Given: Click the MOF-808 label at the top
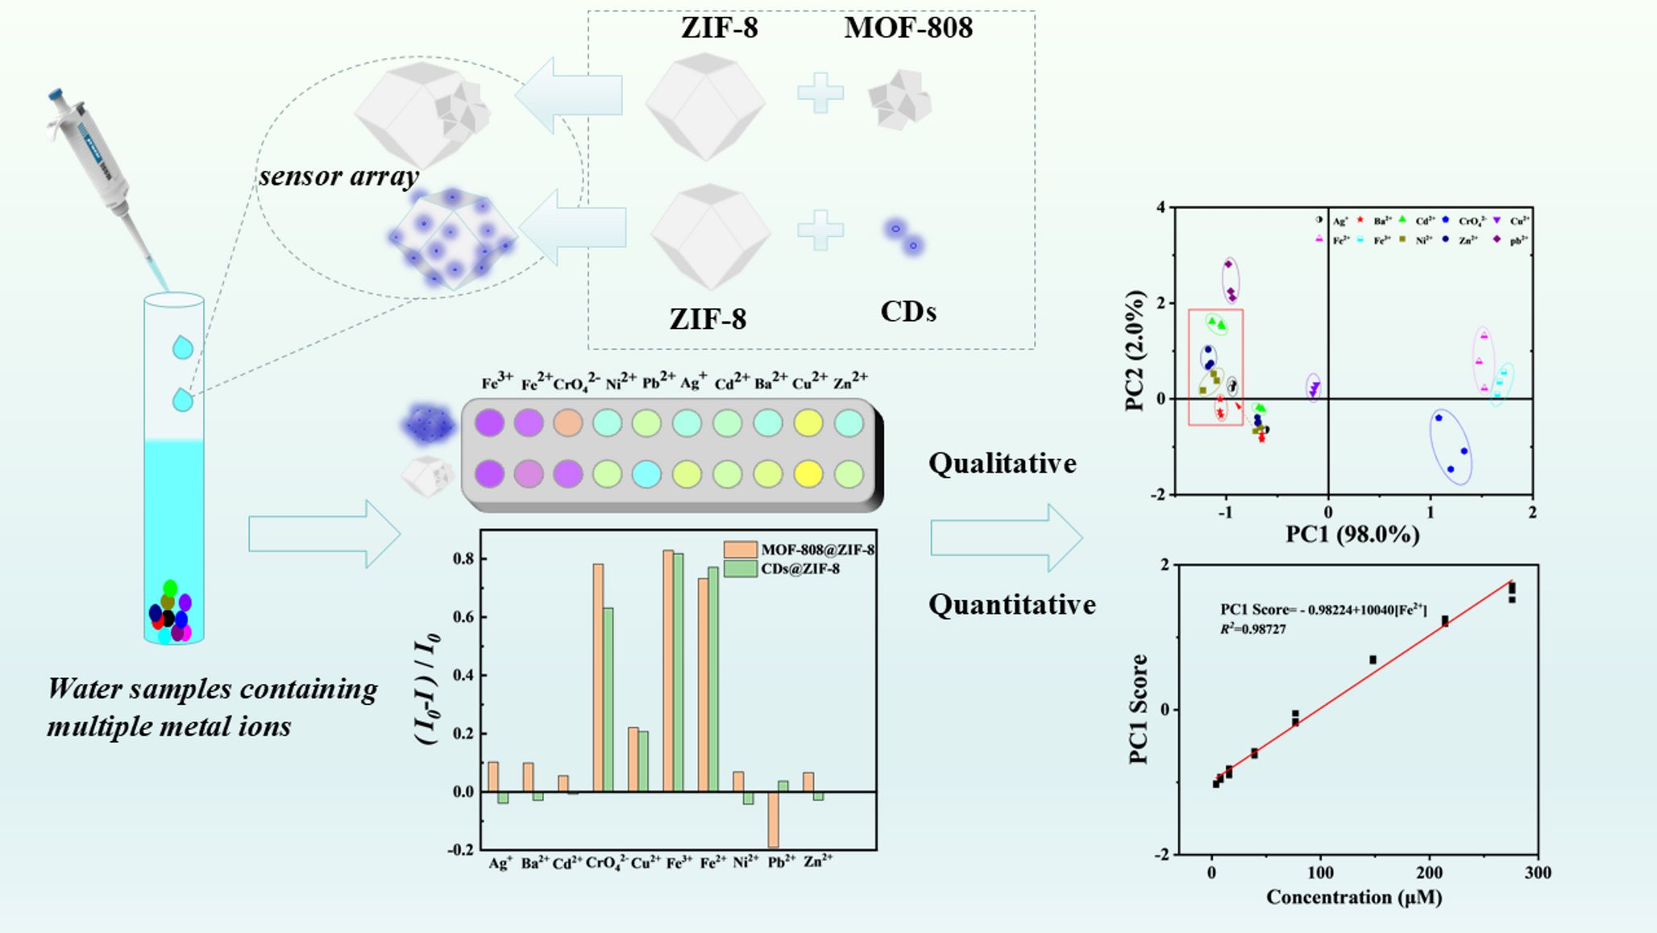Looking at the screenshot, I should click(x=908, y=28).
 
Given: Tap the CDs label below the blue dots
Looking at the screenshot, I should click(x=908, y=312).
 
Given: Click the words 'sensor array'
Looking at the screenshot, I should click(x=338, y=177).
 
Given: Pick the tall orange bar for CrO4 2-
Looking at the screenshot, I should click(x=598, y=677).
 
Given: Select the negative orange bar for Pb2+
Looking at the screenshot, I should click(x=773, y=819).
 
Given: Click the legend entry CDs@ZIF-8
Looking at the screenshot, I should click(x=799, y=569).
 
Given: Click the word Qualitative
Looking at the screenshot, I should click(x=1003, y=464).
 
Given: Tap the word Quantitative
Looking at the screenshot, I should click(x=1012, y=605).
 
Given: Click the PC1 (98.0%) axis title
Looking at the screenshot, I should click(x=1352, y=534).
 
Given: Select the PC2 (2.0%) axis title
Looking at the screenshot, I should click(x=1136, y=351).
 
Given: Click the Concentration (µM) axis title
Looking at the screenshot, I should click(x=1354, y=897).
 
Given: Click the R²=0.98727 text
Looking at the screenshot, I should click(x=1253, y=629).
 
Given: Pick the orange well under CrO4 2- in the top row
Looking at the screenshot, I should click(x=568, y=423).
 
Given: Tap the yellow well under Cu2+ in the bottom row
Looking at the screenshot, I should click(x=808, y=474).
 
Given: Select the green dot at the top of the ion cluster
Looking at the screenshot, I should click(x=170, y=588).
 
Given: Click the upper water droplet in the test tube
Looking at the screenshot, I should click(x=183, y=348).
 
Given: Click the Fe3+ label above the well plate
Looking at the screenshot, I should click(x=497, y=381).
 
